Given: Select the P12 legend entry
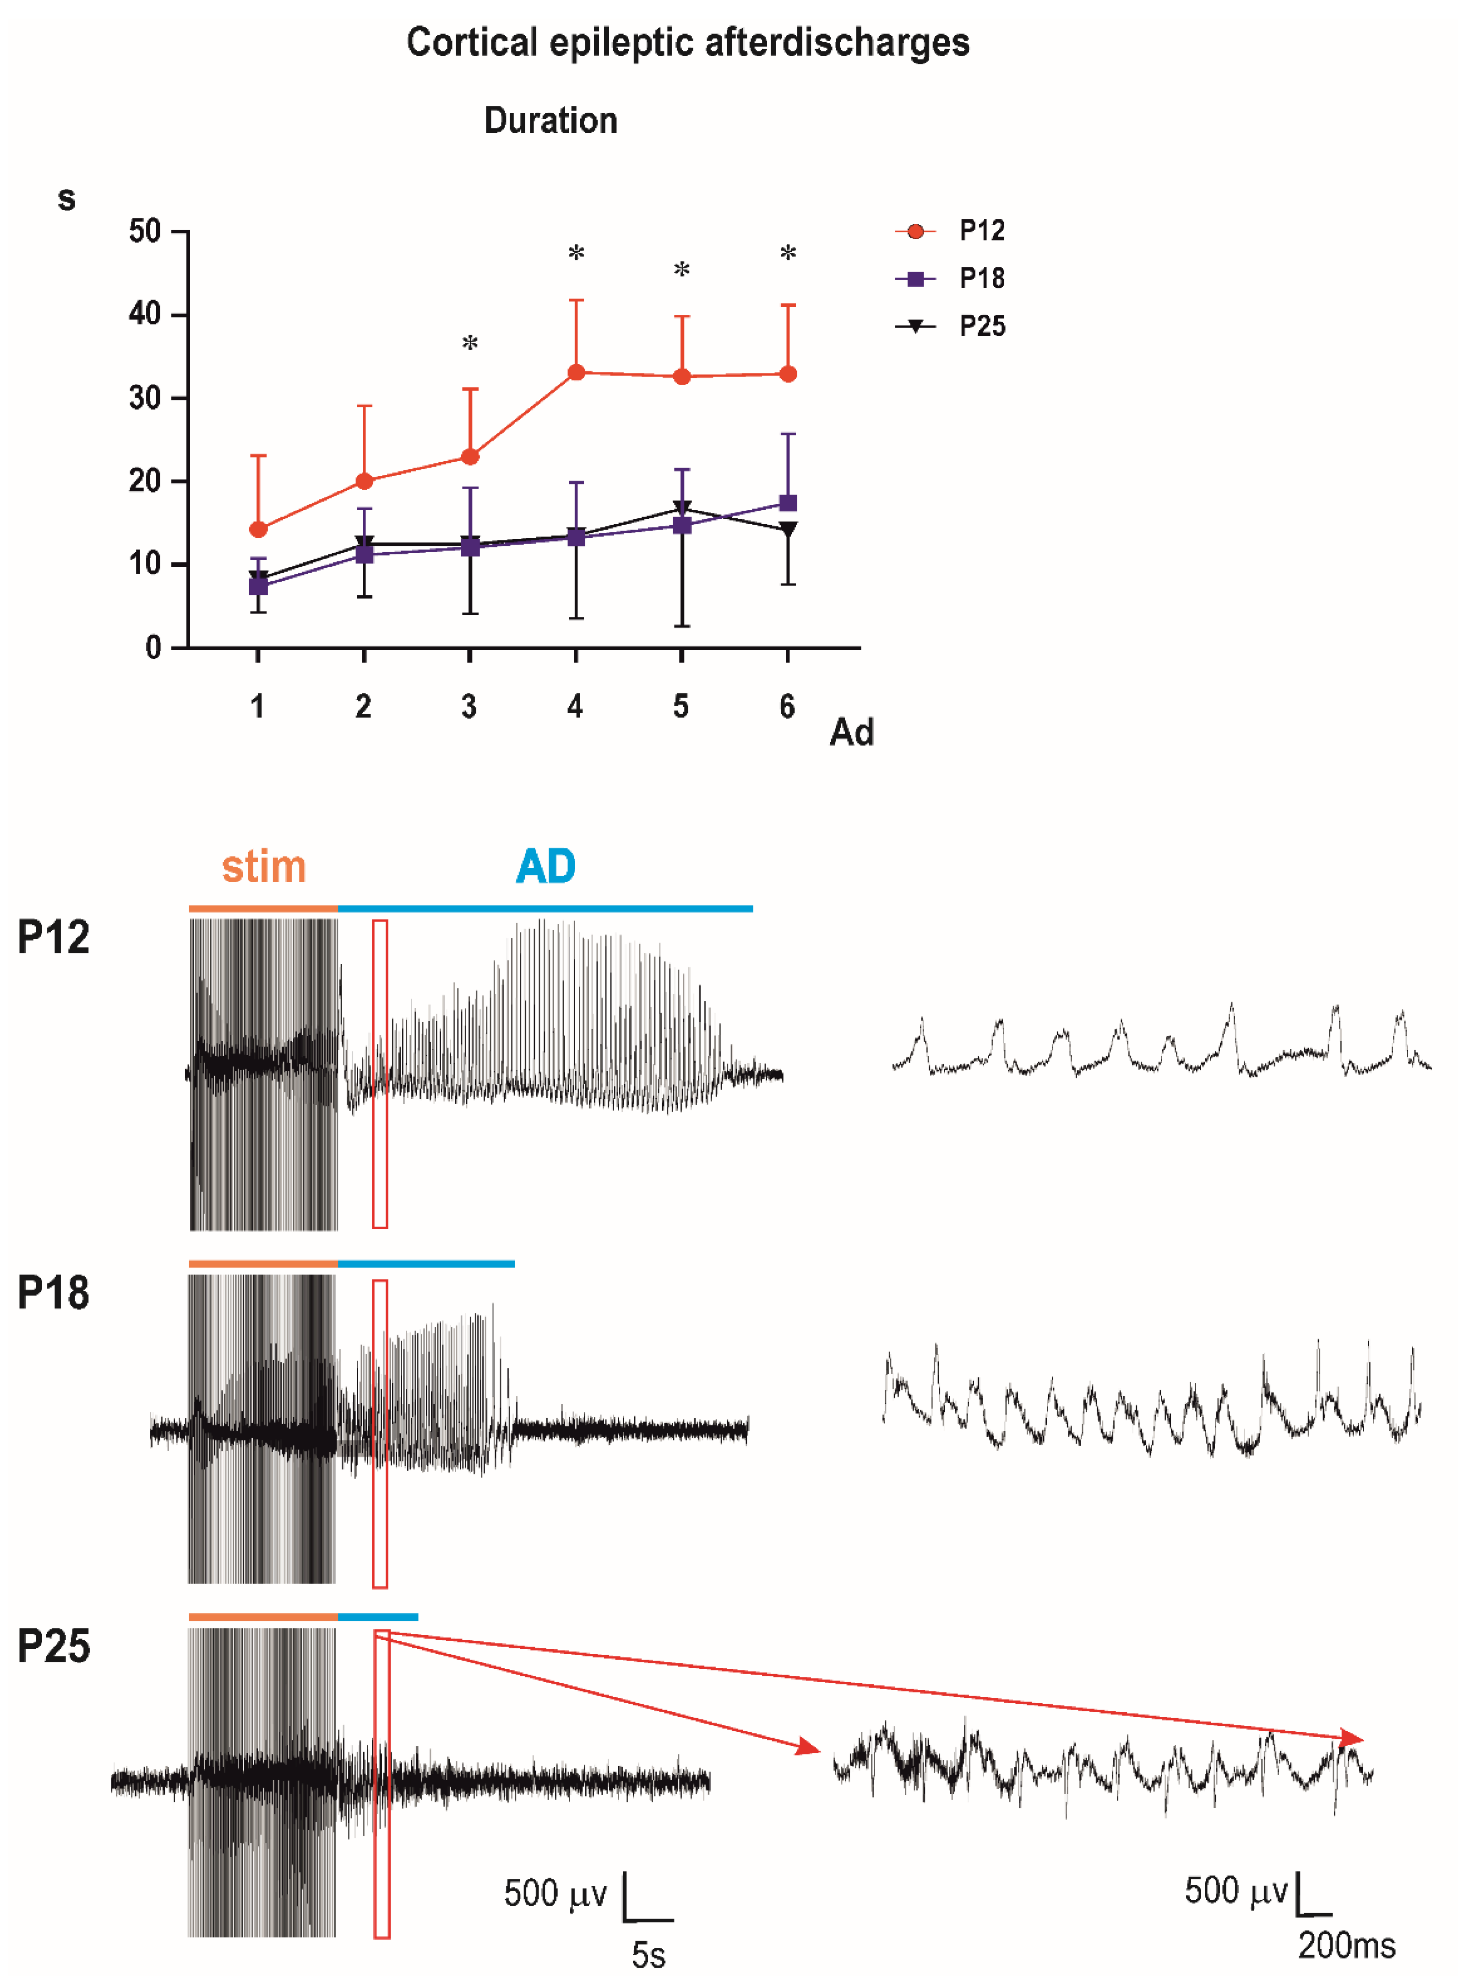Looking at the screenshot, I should coord(982,231).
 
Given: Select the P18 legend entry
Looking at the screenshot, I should coord(982,279).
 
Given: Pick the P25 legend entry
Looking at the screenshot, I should coord(982,327).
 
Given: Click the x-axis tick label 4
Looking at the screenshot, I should coord(575,706).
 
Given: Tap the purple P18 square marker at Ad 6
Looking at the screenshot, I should coord(788,503).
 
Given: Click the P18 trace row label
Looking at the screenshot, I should coord(53,1294).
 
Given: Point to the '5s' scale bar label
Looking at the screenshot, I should coord(648,1955).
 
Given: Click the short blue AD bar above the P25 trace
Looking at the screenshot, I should coord(378,1617).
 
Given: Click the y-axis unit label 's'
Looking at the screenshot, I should coord(66,198).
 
